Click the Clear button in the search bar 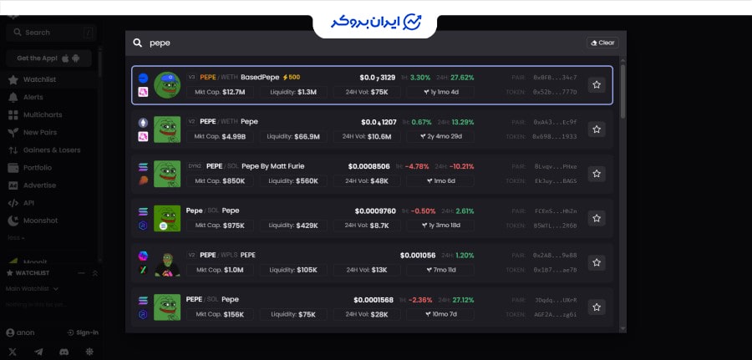(x=602, y=43)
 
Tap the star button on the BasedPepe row (x=597, y=84)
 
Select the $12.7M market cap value (x=233, y=92)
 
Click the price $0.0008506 (x=368, y=166)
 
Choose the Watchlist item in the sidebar (x=39, y=79)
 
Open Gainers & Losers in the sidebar (x=52, y=150)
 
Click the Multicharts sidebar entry (x=48, y=114)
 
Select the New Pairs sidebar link (x=40, y=132)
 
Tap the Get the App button (x=48, y=58)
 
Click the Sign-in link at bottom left (x=87, y=332)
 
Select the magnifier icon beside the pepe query (x=137, y=43)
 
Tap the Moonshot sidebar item (x=41, y=221)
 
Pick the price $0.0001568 (x=373, y=300)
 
